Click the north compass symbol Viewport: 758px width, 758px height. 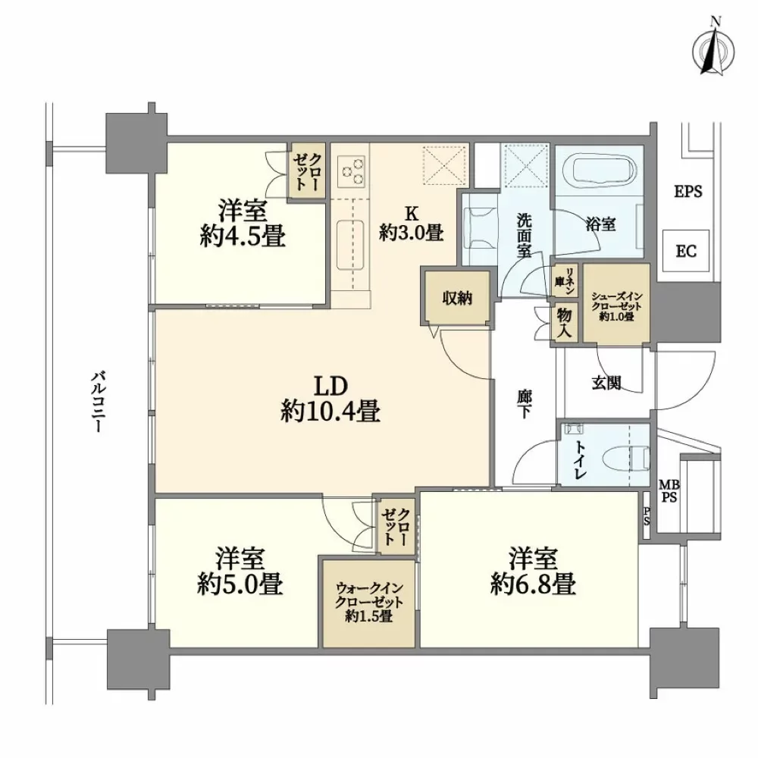[x=713, y=49]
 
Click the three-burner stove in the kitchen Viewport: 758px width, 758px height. [x=352, y=169]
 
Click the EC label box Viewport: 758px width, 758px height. [x=686, y=251]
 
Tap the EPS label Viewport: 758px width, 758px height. [x=688, y=192]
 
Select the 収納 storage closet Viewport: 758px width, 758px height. [x=457, y=298]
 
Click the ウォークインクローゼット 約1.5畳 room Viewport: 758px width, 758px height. [x=369, y=603]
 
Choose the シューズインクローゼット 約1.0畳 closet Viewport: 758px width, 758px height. [x=615, y=304]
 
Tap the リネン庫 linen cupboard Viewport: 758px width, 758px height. [x=565, y=280]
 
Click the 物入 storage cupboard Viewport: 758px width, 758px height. [x=565, y=322]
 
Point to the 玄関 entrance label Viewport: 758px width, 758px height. [x=606, y=384]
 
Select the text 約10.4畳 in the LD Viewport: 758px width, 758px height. [x=330, y=412]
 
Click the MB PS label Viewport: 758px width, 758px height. [x=669, y=490]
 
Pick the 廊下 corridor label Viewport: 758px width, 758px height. [x=524, y=404]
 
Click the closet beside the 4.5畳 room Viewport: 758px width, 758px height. [x=307, y=171]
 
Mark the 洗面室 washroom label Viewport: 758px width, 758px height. [x=524, y=236]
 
